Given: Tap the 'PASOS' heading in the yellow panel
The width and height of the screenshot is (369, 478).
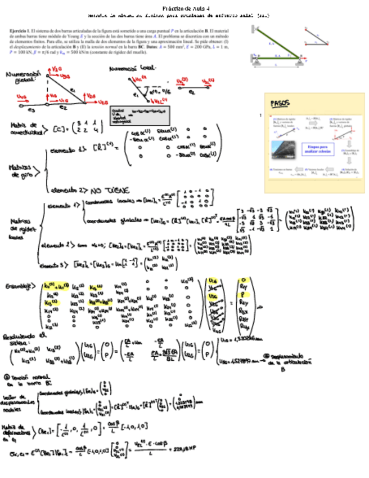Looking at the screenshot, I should pyautogui.click(x=280, y=103).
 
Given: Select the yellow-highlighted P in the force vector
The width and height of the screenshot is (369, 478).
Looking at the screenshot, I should pyautogui.click(x=244, y=294).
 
